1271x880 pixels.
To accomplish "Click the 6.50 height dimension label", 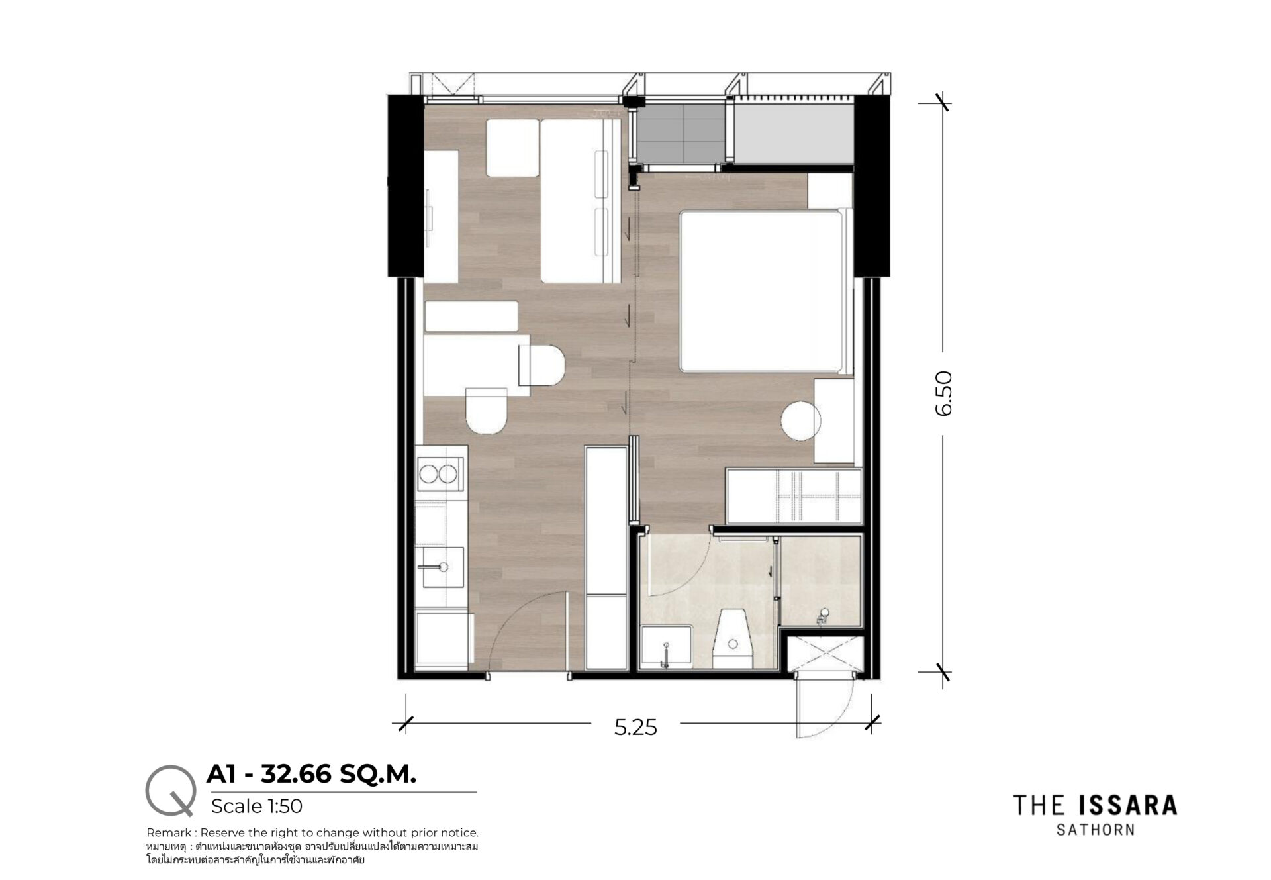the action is (x=944, y=393).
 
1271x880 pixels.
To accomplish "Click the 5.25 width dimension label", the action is (x=635, y=728).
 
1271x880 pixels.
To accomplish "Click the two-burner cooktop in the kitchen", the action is (x=438, y=473).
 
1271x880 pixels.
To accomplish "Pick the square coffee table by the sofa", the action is (x=512, y=148).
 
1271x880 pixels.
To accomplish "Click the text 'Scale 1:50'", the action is (x=257, y=806).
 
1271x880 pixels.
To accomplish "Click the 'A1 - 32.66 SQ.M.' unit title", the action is (x=312, y=774).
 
